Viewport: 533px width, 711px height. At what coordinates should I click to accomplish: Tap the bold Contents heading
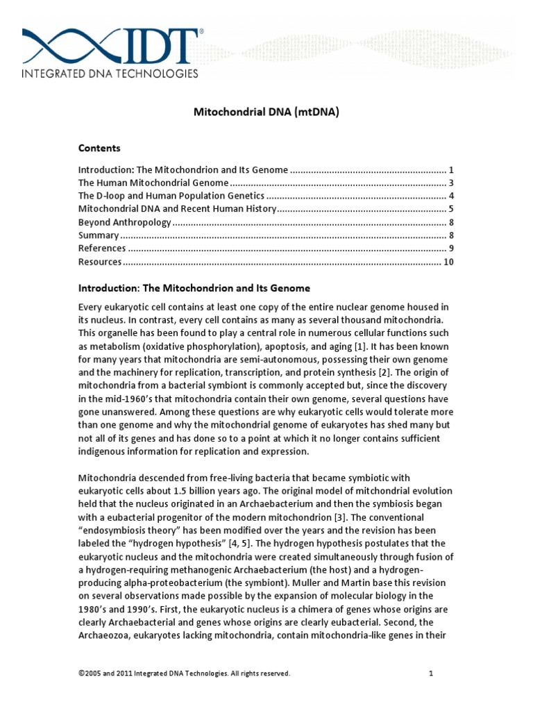[99, 148]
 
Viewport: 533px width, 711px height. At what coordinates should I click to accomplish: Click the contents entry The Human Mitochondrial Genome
[153, 183]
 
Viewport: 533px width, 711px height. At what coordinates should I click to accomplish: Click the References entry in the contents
[102, 249]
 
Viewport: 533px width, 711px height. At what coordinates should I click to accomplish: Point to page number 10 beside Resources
[448, 262]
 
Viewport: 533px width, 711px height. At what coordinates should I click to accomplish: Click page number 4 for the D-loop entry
[450, 196]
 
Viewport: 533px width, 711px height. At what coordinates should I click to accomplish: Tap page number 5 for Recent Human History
[450, 209]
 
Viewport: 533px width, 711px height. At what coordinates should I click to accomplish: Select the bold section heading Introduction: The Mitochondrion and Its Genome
[194, 287]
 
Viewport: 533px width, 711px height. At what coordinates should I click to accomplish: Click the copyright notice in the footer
[184, 674]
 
